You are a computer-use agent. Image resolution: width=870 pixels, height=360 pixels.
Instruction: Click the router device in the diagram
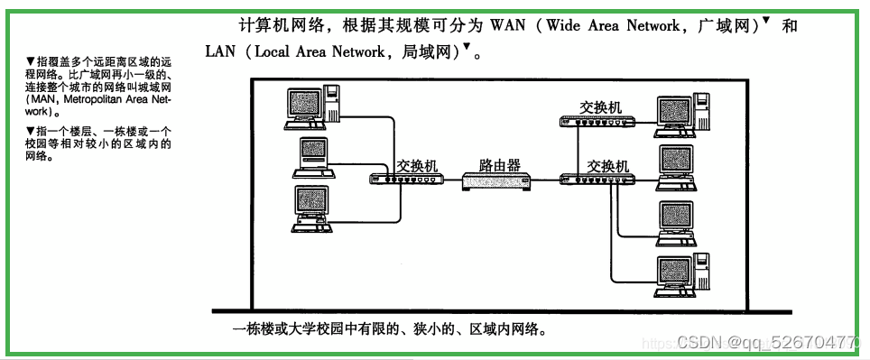(495, 180)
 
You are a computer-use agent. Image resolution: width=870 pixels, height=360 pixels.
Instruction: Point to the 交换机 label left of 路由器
(417, 166)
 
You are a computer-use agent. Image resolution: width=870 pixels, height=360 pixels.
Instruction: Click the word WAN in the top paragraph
(508, 25)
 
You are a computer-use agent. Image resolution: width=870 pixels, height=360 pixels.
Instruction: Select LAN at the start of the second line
(220, 51)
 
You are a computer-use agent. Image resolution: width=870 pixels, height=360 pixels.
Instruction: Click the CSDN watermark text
(695, 342)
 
